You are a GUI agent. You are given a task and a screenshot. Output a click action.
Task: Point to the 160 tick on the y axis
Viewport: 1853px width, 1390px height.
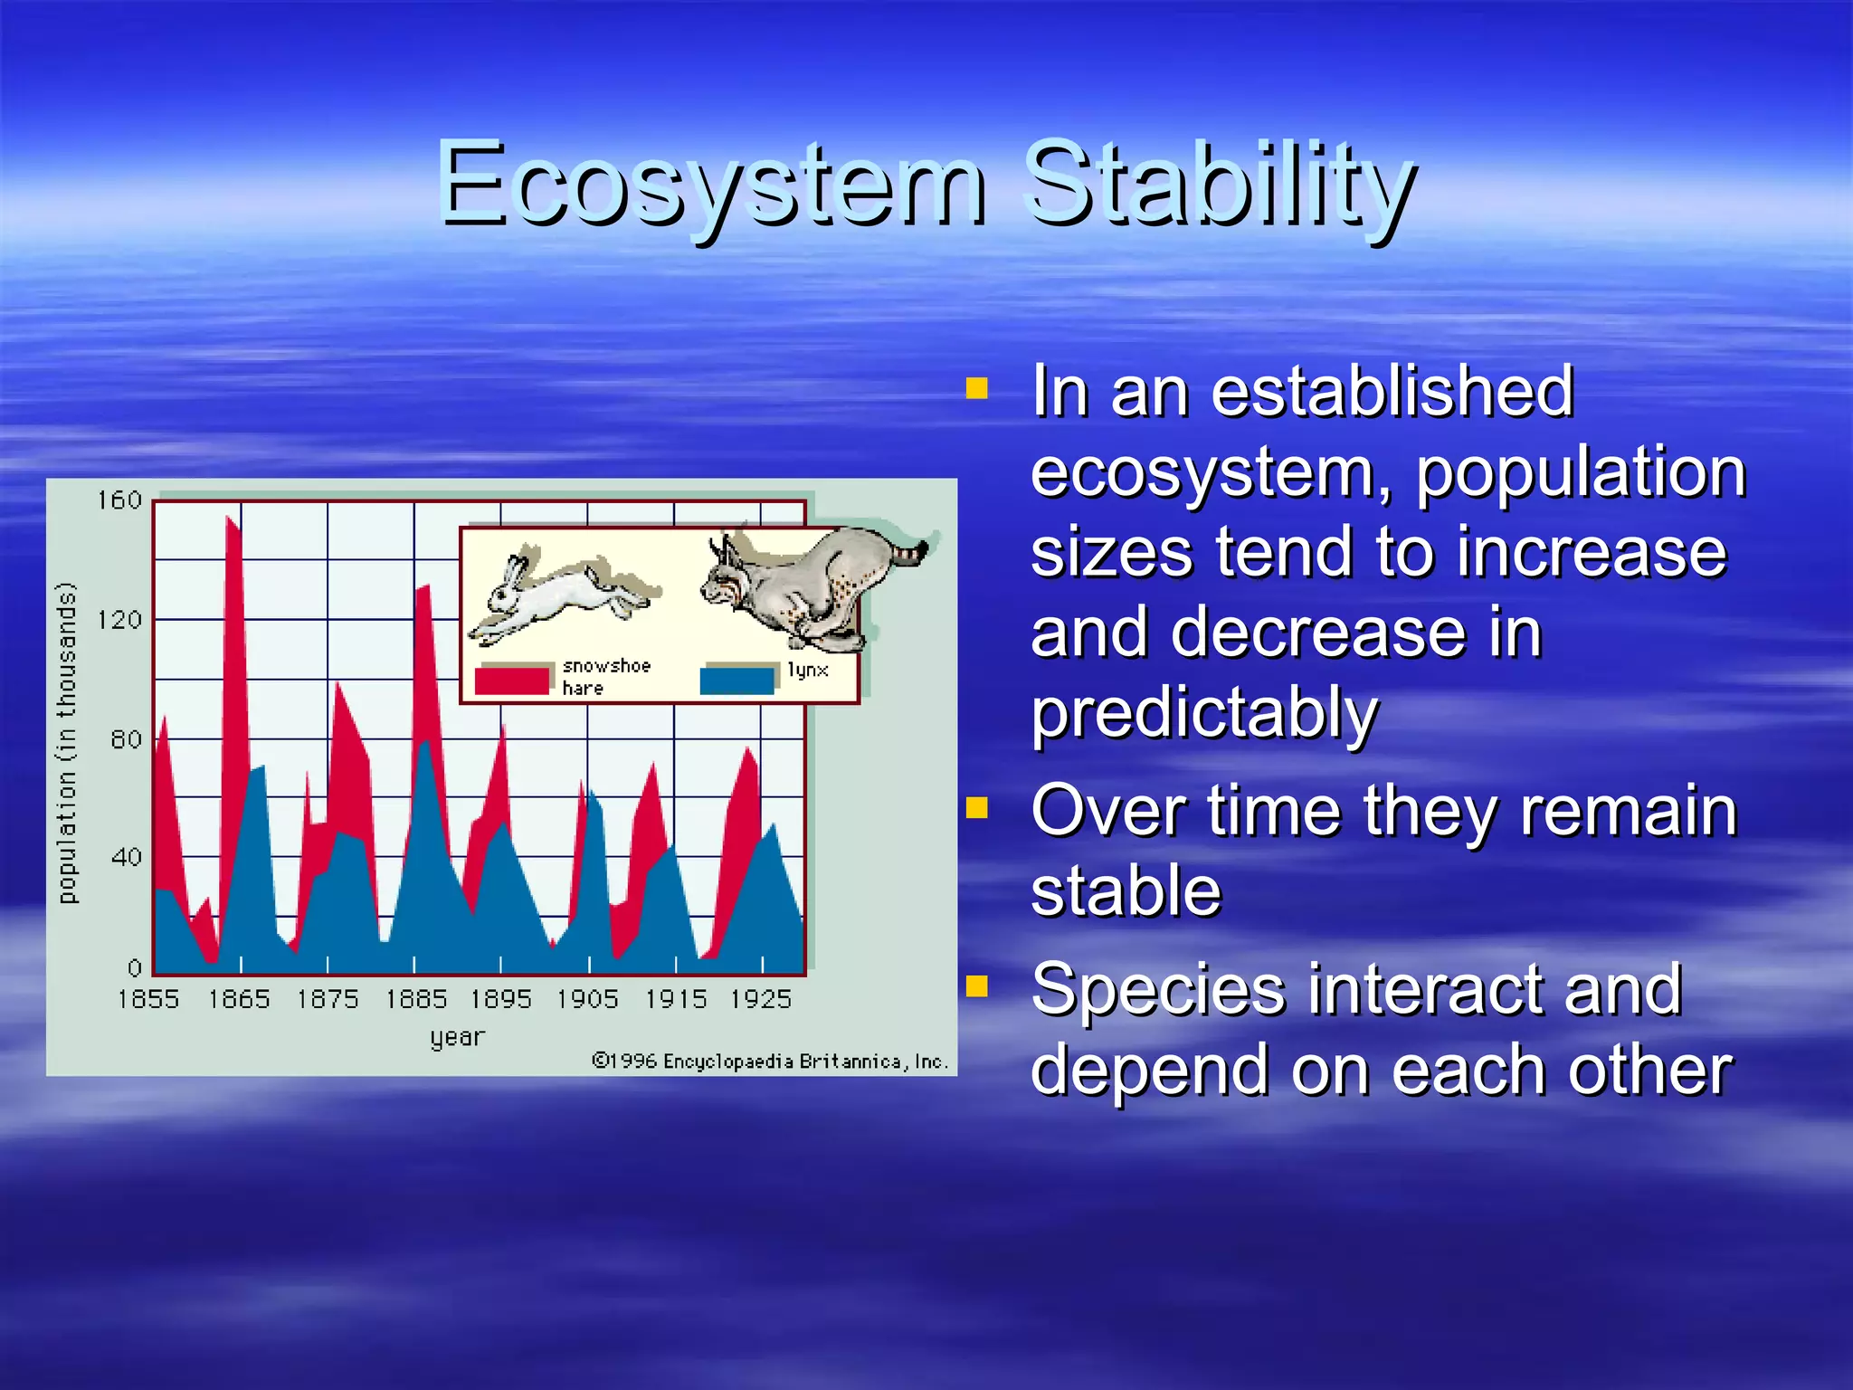[120, 500]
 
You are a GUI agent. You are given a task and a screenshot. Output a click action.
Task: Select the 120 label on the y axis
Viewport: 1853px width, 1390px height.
[120, 620]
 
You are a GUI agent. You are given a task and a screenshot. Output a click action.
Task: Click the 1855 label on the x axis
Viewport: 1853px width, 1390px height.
[148, 999]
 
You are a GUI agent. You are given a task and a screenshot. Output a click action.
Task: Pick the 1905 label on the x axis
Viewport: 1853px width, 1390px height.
[587, 999]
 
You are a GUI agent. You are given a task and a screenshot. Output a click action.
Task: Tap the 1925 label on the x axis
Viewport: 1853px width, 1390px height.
[761, 999]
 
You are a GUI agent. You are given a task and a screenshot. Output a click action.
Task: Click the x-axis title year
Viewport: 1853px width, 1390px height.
[458, 1037]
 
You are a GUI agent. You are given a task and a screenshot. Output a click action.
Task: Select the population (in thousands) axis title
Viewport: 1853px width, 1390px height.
[68, 742]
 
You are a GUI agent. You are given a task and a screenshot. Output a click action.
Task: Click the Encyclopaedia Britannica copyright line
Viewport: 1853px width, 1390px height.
[770, 1062]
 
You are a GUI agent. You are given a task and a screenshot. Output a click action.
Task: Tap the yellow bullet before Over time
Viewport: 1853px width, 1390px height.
[977, 806]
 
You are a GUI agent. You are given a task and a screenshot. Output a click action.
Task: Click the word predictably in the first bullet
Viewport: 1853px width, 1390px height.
[1204, 714]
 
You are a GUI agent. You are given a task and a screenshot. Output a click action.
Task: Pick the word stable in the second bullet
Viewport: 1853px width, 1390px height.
[1126, 891]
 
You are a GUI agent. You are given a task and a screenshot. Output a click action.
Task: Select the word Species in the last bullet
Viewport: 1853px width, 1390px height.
[1157, 990]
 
